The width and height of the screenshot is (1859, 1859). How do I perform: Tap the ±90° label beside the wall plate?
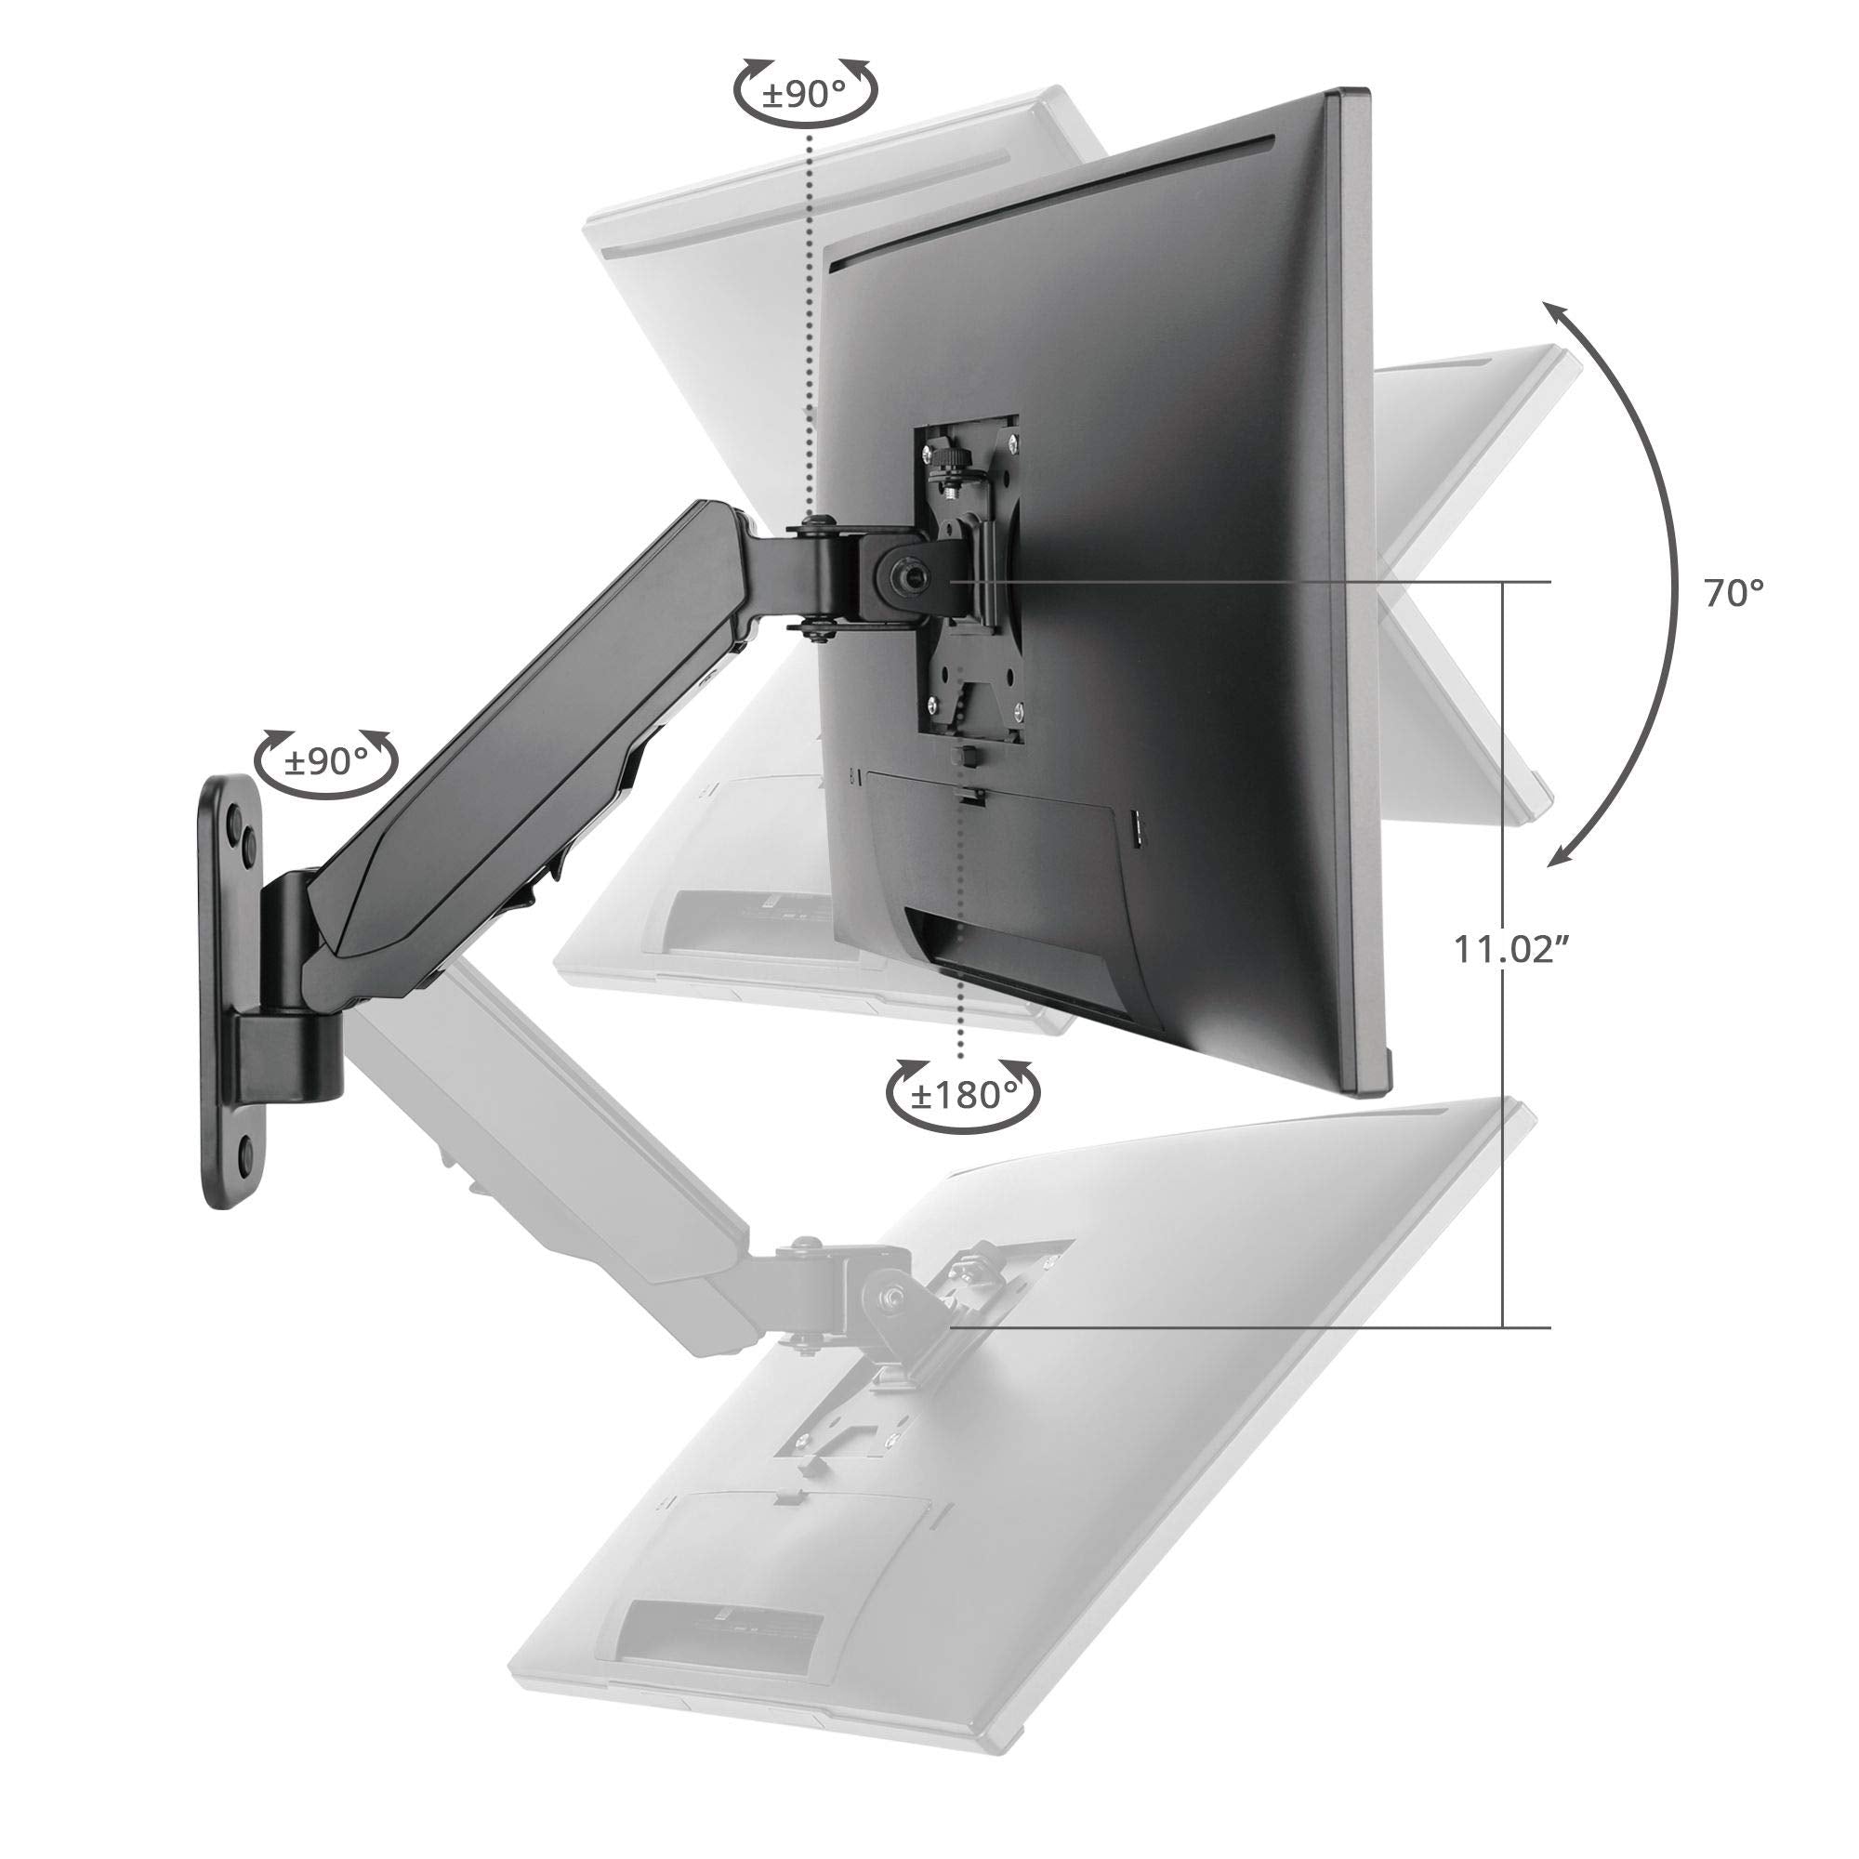327,762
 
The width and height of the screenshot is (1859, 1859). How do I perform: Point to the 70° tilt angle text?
1734,594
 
